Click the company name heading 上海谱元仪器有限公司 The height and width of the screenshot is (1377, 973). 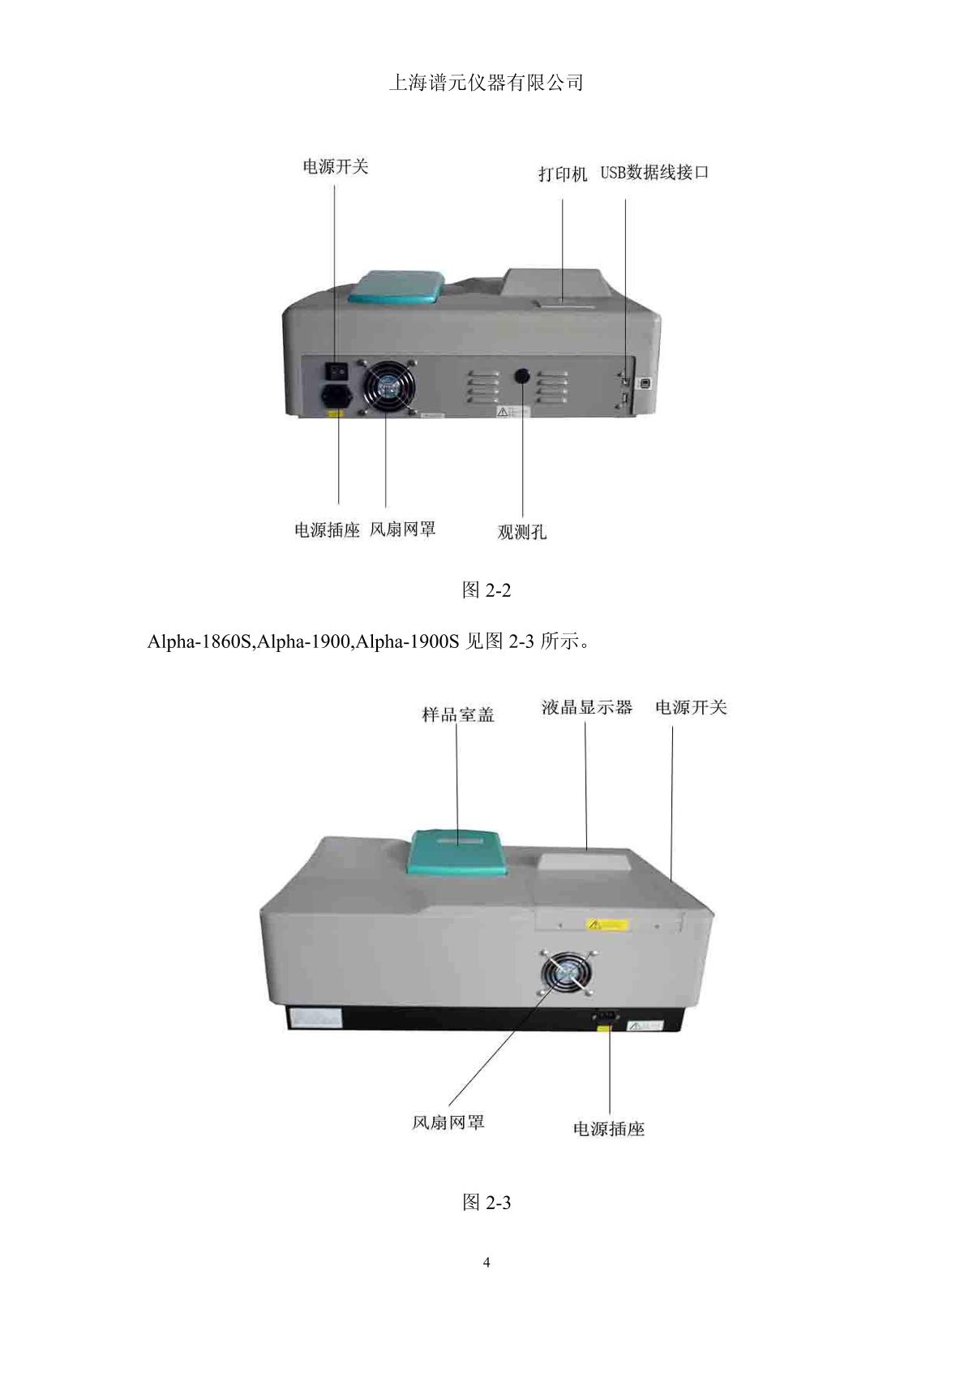click(x=486, y=83)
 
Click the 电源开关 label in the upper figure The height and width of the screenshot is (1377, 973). click(x=335, y=167)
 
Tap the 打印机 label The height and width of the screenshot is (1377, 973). click(x=563, y=174)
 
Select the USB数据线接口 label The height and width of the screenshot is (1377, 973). click(x=654, y=173)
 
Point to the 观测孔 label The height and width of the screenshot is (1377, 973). click(x=521, y=533)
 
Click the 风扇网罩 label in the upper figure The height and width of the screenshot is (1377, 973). click(x=403, y=530)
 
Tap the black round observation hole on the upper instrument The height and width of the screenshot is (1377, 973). click(x=522, y=375)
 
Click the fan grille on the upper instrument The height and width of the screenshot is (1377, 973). click(x=387, y=388)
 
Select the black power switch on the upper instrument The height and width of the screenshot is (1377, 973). click(x=336, y=371)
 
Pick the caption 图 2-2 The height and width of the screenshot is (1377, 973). click(x=486, y=590)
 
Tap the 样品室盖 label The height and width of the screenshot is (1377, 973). click(x=458, y=714)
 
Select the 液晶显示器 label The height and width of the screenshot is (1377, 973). click(x=587, y=707)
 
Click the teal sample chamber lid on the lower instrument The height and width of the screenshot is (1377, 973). click(x=457, y=852)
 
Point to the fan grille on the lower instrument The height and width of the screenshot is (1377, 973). click(x=567, y=976)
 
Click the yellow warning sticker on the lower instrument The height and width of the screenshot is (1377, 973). click(x=608, y=924)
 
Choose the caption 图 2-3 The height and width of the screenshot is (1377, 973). click(x=486, y=1202)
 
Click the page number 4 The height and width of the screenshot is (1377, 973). click(x=486, y=1263)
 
